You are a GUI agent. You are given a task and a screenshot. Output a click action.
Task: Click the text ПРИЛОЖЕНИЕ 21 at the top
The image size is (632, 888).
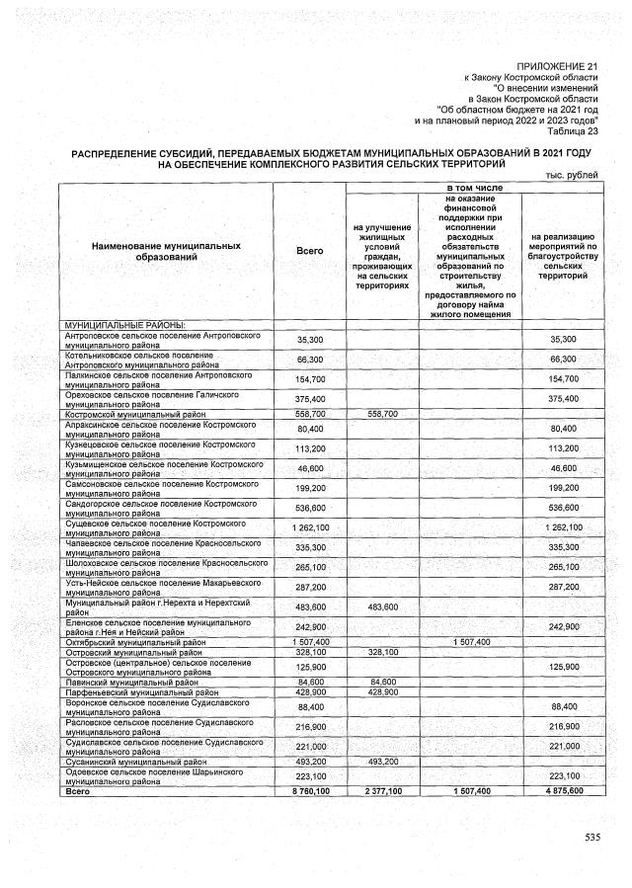[550, 64]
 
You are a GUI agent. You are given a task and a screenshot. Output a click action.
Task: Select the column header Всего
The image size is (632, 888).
[309, 251]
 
